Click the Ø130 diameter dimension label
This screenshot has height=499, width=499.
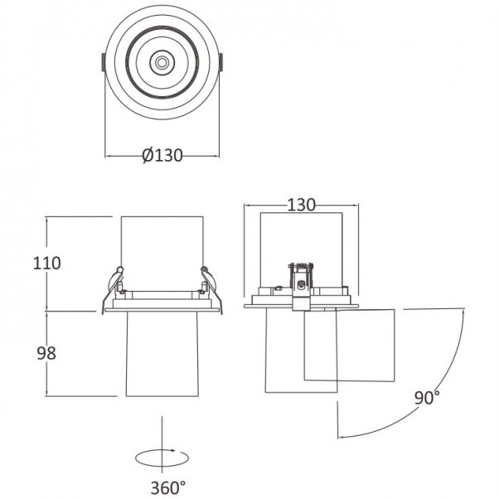(x=162, y=155)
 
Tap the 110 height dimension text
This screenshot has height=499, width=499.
(x=46, y=264)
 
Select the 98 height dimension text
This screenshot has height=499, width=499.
(x=46, y=353)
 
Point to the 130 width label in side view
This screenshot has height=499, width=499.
(x=301, y=206)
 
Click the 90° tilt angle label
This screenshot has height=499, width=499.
(x=427, y=398)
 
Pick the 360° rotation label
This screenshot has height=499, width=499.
(x=168, y=488)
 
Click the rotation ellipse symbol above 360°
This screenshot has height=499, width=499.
(x=162, y=458)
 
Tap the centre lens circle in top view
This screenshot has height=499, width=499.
(x=162, y=62)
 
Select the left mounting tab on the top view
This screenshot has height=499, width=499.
(x=104, y=62)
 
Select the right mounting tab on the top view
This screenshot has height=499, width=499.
(x=220, y=62)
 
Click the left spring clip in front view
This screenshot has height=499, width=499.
(x=112, y=288)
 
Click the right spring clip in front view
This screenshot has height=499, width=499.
(x=212, y=288)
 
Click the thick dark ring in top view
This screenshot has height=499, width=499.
(x=162, y=62)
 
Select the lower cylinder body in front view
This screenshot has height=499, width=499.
(x=162, y=354)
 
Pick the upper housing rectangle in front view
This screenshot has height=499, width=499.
(x=162, y=254)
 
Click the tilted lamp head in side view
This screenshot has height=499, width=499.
(x=349, y=345)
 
